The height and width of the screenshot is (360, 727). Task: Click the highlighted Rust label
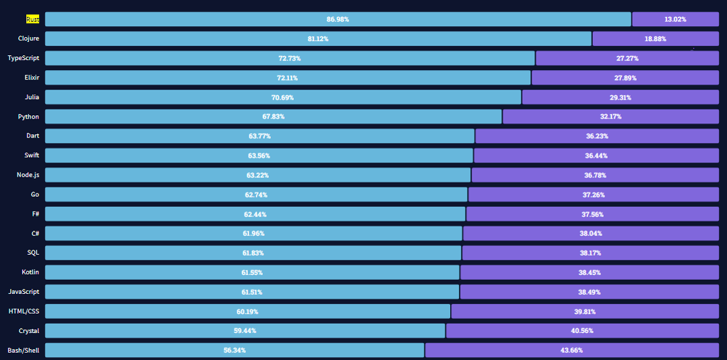(x=32, y=19)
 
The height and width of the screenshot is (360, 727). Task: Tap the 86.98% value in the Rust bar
(x=338, y=19)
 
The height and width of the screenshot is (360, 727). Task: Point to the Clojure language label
(x=28, y=38)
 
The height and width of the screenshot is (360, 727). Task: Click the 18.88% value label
(x=655, y=39)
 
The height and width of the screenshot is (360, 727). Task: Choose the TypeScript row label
(x=24, y=58)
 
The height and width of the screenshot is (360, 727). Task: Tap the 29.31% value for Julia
(x=620, y=98)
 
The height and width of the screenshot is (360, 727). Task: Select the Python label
(x=28, y=117)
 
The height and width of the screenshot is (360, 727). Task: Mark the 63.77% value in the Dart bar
(x=259, y=136)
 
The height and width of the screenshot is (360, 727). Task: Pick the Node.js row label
(x=28, y=175)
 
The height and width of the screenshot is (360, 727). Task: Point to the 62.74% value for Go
(x=256, y=195)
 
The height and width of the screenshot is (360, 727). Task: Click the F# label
(x=34, y=214)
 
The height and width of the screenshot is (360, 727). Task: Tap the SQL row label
(x=32, y=253)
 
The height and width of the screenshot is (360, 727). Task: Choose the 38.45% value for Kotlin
(x=590, y=272)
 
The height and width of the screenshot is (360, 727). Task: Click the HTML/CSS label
(x=24, y=311)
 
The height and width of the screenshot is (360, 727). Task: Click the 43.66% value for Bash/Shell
(x=571, y=351)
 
